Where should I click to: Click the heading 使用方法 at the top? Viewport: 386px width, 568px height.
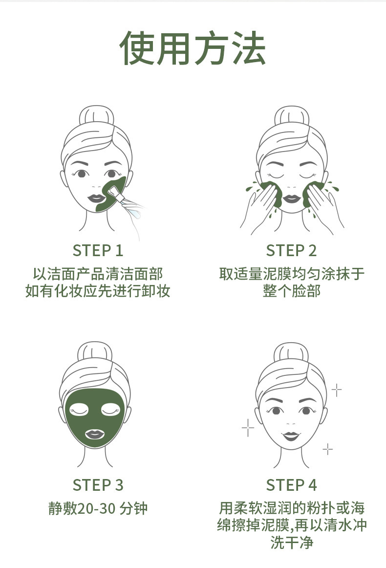pyautogui.click(x=193, y=48)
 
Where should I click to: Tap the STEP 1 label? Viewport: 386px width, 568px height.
pyautogui.click(x=98, y=251)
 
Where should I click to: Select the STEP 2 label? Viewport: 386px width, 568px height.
pyautogui.click(x=292, y=251)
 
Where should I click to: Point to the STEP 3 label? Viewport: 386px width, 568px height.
pyautogui.click(x=98, y=485)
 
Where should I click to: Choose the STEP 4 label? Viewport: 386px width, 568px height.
pyautogui.click(x=292, y=485)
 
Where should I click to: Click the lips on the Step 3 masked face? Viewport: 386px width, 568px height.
pyautogui.click(x=95, y=434)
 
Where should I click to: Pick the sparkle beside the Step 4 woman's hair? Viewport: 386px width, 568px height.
pyautogui.click(x=337, y=390)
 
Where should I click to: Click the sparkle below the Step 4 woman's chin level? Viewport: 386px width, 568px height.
pyautogui.click(x=328, y=449)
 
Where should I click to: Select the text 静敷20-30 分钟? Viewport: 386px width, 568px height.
pyautogui.click(x=98, y=508)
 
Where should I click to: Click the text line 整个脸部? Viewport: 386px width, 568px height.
pyautogui.click(x=292, y=291)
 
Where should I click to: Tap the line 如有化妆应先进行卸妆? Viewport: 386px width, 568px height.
pyautogui.click(x=98, y=291)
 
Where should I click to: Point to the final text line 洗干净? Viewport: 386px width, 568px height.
pyautogui.click(x=292, y=543)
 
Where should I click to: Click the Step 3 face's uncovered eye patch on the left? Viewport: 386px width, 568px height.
pyautogui.click(x=79, y=409)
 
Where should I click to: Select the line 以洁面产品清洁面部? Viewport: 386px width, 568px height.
pyautogui.click(x=98, y=274)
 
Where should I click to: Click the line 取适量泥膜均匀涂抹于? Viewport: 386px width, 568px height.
pyautogui.click(x=292, y=274)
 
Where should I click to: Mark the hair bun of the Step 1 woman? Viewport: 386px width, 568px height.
pyautogui.click(x=96, y=116)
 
